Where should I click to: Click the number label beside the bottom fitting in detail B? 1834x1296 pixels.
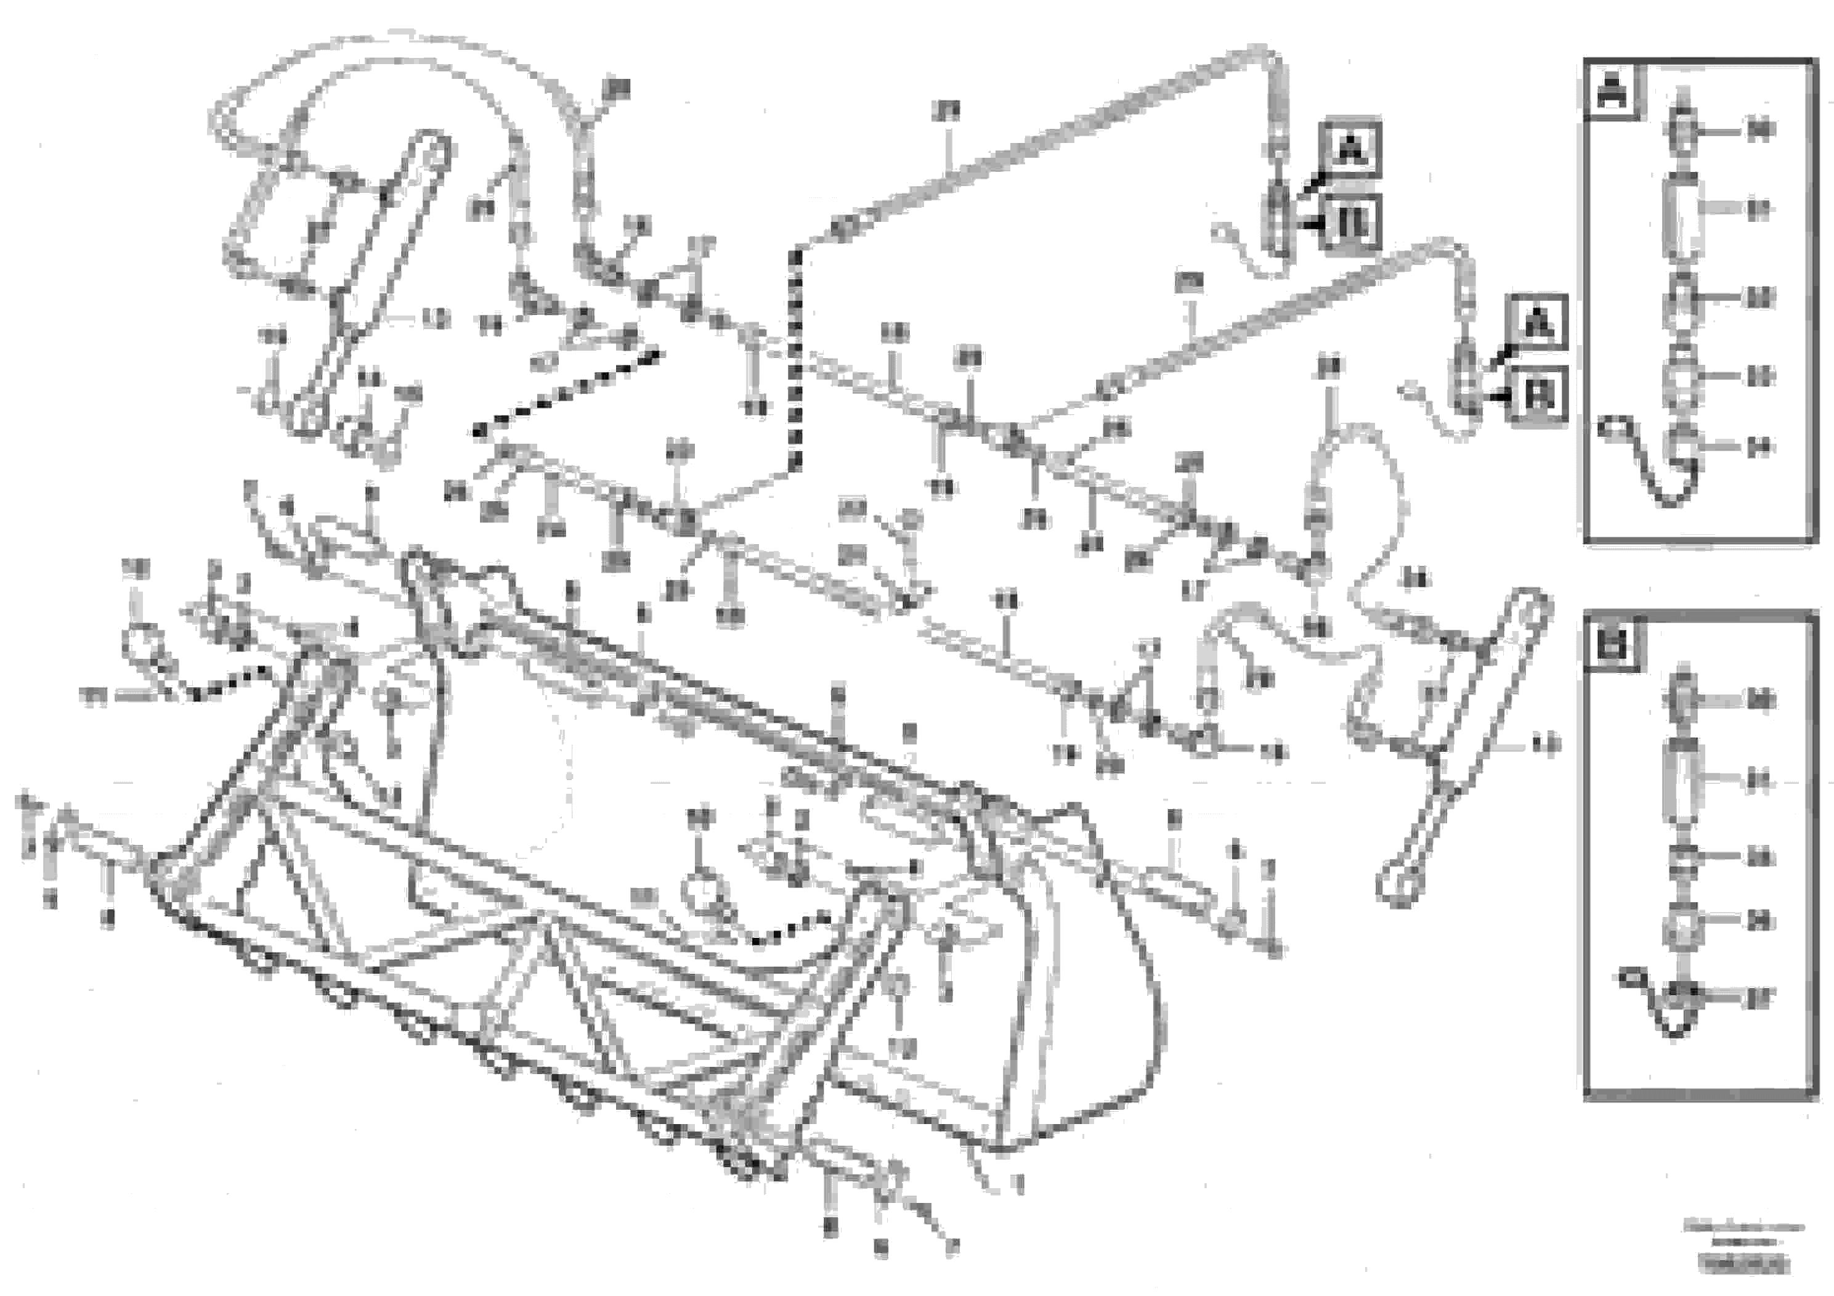click(x=1761, y=996)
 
